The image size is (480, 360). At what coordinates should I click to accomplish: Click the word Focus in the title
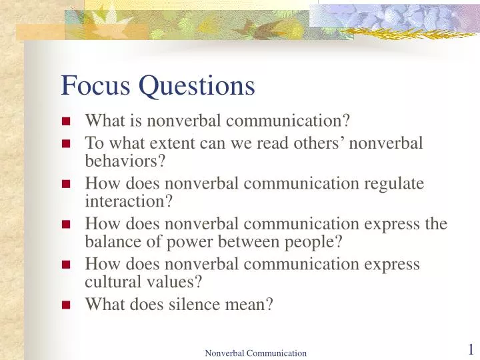(x=91, y=86)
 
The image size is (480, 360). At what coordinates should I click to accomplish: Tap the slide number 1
(x=470, y=349)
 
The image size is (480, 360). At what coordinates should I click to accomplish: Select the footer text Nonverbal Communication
(x=255, y=353)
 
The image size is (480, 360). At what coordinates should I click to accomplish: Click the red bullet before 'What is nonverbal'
(x=66, y=121)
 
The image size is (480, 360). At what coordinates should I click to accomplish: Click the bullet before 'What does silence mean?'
(x=66, y=305)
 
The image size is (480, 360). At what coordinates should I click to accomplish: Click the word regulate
(x=394, y=183)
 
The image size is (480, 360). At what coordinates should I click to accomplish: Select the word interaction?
(x=129, y=201)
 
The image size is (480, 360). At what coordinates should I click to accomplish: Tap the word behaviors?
(x=125, y=161)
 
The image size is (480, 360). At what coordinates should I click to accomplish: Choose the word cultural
(x=110, y=282)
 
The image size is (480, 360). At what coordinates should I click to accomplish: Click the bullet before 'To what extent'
(x=66, y=143)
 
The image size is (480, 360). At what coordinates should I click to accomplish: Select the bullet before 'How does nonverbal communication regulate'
(x=66, y=184)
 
